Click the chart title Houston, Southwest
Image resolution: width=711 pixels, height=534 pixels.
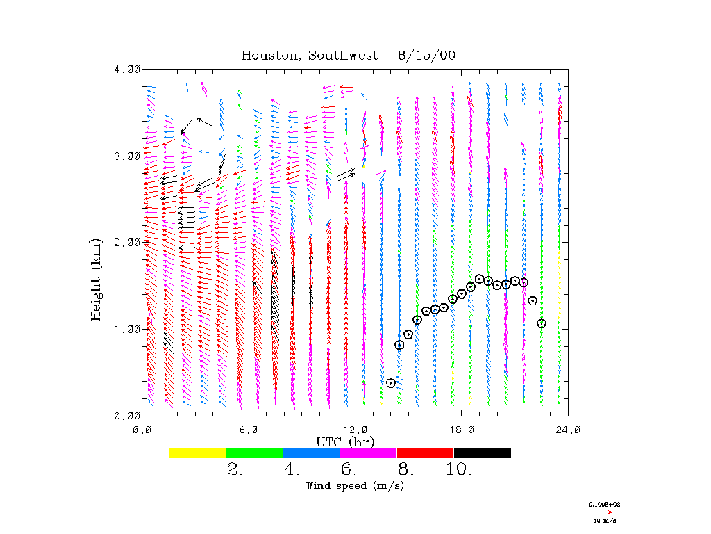tap(310, 56)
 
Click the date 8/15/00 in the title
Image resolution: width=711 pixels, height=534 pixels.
tap(427, 56)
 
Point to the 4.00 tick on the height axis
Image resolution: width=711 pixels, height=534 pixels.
tap(127, 69)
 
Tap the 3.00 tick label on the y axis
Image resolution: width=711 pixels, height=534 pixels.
tap(127, 156)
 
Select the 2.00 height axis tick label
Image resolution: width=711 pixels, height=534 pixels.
tap(127, 242)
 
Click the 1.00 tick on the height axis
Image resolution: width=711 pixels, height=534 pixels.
tap(127, 329)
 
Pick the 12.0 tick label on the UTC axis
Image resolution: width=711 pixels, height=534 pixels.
tap(355, 430)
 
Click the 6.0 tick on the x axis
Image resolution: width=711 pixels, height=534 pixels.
tap(249, 430)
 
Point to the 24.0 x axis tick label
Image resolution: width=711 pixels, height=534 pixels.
tap(568, 430)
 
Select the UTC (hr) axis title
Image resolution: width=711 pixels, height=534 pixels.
tap(345, 442)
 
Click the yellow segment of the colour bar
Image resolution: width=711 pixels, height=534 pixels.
tap(197, 453)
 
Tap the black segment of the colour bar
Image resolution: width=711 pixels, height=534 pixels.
tap(482, 453)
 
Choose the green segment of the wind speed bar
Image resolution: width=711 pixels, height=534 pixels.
tap(254, 453)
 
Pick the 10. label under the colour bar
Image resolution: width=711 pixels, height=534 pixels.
tap(459, 470)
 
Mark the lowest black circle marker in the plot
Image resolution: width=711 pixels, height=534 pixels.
tap(391, 383)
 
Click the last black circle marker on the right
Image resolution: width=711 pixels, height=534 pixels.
tap(542, 323)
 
